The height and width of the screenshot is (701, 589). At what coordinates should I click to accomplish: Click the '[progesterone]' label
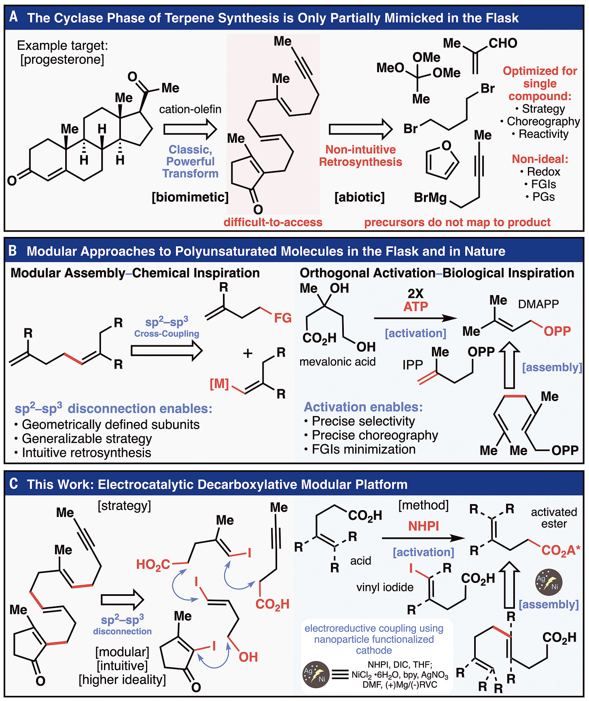tap(62, 59)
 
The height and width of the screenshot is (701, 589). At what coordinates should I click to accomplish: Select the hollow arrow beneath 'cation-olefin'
tap(190, 129)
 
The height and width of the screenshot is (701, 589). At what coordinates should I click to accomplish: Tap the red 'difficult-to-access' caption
tap(273, 222)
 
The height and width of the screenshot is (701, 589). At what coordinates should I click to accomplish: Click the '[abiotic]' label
tap(360, 197)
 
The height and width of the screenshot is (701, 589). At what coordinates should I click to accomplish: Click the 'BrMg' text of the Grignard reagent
tap(430, 198)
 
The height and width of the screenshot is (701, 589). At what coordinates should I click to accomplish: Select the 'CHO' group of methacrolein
tap(503, 43)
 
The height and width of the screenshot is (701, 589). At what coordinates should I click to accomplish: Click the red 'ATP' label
tap(415, 306)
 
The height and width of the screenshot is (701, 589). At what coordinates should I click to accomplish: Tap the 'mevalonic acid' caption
tap(337, 361)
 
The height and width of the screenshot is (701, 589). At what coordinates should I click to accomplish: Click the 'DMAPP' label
tap(538, 304)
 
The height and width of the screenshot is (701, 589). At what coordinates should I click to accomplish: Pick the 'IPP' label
tap(412, 365)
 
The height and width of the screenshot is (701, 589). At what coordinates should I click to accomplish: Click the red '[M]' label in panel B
tap(219, 383)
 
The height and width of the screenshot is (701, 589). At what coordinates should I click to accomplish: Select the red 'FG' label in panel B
tap(282, 318)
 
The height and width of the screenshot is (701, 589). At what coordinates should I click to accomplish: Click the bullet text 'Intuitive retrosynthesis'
tap(87, 452)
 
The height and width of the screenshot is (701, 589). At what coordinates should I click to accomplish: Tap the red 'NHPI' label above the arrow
tap(424, 526)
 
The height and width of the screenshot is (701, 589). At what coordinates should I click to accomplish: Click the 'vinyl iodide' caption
tap(385, 587)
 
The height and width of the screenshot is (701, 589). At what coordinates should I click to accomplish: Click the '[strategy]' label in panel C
tap(124, 506)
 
